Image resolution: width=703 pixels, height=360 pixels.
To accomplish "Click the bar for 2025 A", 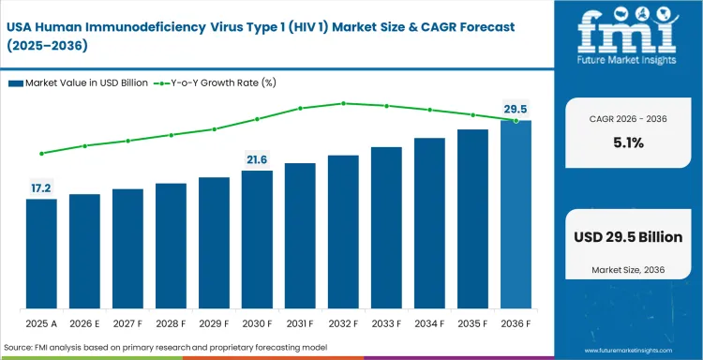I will click(x=41, y=254).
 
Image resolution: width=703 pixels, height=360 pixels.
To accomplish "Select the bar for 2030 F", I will click(x=257, y=240).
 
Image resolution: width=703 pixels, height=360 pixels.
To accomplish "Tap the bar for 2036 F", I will click(x=516, y=215).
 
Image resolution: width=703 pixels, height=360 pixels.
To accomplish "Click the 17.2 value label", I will click(x=41, y=188).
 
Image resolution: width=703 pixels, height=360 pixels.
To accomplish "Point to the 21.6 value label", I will click(x=257, y=160).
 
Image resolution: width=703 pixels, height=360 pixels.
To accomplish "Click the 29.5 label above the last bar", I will click(x=516, y=110).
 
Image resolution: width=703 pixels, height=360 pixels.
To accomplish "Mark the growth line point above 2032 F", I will click(x=343, y=103).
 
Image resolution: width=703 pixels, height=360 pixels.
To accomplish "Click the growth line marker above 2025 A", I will click(x=41, y=153).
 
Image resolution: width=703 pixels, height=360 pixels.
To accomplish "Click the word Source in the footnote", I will click(x=20, y=348).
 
